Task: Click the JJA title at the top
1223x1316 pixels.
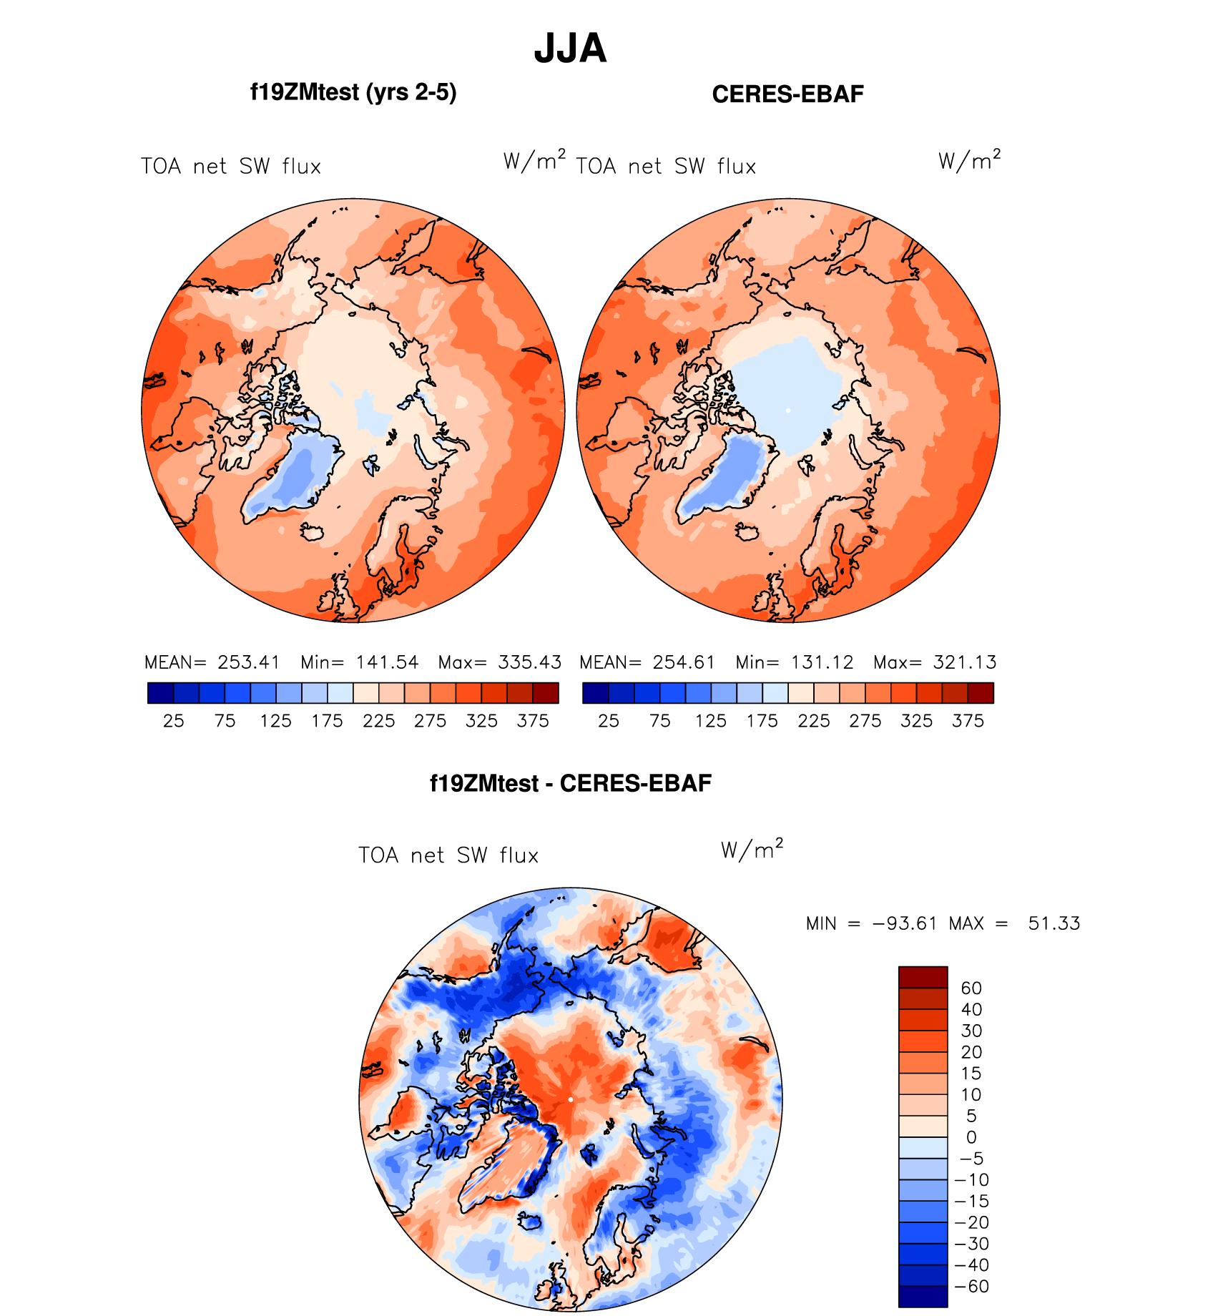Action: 570,49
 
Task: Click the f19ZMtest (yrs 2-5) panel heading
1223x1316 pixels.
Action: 353,93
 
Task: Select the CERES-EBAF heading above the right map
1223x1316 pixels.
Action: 787,94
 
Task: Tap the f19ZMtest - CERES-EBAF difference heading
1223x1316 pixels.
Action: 570,783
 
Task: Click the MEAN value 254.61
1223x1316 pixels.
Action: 684,662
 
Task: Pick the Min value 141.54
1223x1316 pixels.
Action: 387,662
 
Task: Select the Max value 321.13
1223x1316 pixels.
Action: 965,662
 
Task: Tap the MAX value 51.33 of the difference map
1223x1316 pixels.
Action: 1053,923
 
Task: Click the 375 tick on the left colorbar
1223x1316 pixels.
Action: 533,721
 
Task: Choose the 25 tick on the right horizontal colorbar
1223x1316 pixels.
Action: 609,721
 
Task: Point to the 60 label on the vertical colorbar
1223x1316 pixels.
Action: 971,988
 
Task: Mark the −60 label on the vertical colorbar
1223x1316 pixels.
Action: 971,1287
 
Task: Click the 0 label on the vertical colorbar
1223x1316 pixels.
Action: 971,1137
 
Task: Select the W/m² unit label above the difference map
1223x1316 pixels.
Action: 752,849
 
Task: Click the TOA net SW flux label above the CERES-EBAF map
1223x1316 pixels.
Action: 666,167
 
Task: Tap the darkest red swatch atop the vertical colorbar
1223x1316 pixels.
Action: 923,977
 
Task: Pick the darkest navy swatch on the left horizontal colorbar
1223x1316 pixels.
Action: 160,693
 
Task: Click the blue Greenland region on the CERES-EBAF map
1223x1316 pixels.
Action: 722,479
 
